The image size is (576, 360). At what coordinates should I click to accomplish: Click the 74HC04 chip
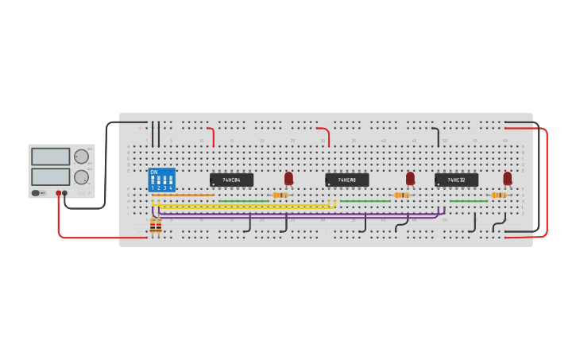[231, 180]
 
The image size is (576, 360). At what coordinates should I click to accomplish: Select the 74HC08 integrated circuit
[347, 180]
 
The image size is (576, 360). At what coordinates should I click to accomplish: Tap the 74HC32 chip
[456, 180]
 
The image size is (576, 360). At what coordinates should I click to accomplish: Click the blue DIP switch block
[161, 179]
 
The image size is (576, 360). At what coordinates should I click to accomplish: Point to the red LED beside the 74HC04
[288, 178]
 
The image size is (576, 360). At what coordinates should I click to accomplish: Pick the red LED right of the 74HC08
[410, 178]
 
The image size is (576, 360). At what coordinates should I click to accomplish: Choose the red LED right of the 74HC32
[507, 178]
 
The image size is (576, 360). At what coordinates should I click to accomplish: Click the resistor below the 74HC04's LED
[280, 195]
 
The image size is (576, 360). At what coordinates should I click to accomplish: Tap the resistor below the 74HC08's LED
[401, 195]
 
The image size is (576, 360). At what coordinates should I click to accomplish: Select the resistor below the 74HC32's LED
[498, 195]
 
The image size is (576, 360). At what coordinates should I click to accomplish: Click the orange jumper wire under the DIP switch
[183, 195]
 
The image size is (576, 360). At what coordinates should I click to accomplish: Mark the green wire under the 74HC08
[365, 201]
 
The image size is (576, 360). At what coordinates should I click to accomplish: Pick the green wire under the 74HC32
[469, 201]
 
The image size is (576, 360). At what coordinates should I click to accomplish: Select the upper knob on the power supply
[81, 157]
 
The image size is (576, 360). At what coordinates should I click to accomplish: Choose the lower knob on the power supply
[81, 176]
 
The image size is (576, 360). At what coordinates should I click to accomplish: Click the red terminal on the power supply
[58, 193]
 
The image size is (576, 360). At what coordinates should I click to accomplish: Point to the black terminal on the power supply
[65, 193]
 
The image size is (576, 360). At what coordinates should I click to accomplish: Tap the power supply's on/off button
[37, 193]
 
